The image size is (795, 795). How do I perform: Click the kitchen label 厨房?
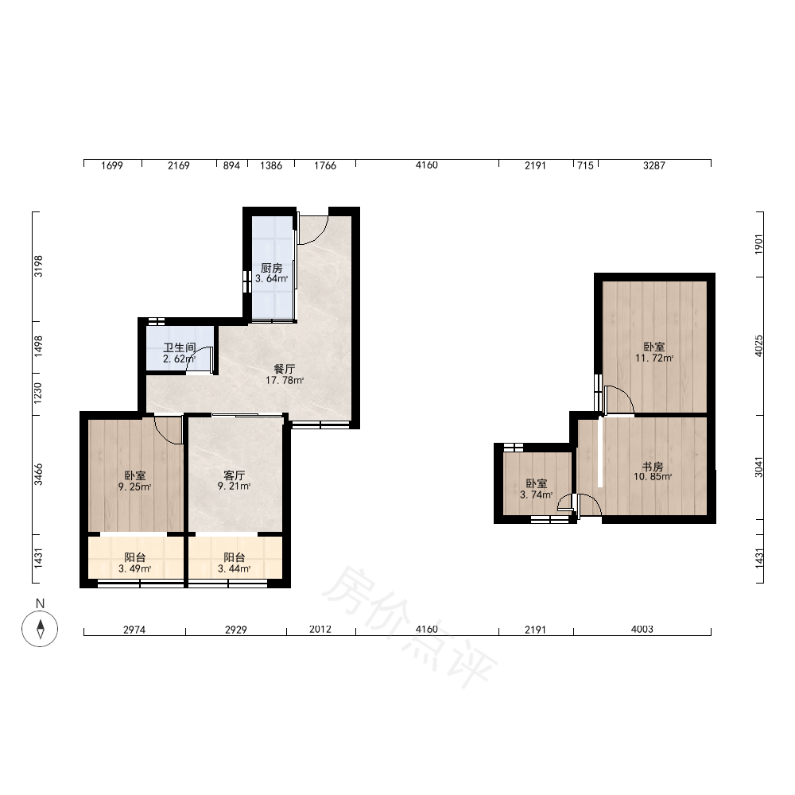(x=271, y=268)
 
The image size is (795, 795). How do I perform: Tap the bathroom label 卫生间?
(x=179, y=348)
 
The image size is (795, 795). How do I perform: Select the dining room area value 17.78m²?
(x=285, y=380)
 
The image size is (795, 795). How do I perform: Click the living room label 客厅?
(x=235, y=475)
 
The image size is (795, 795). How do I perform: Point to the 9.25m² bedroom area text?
(x=135, y=487)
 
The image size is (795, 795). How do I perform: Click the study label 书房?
(x=653, y=466)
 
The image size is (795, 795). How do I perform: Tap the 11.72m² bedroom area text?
(x=654, y=358)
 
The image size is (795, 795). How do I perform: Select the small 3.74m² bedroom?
(x=537, y=483)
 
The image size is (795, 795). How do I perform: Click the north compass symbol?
(x=40, y=629)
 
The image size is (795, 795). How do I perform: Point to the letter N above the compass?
(x=40, y=603)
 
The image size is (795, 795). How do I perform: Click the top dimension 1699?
(x=112, y=165)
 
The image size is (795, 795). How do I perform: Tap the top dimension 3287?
(x=654, y=165)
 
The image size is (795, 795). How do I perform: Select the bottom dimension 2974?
(x=134, y=629)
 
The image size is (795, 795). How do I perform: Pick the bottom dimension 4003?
(x=642, y=629)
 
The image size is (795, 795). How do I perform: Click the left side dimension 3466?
(x=38, y=475)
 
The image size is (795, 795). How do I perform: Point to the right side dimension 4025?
(x=758, y=346)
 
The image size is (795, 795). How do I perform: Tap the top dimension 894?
(x=231, y=165)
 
